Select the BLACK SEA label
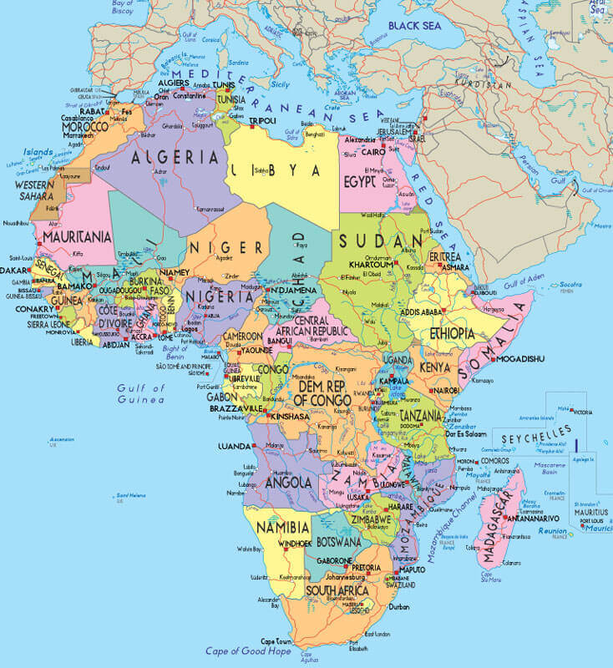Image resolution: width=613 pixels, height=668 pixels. pos(415,26)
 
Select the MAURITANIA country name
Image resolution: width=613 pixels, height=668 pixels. pos(77,237)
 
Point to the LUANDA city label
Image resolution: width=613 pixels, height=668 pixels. pos(234,446)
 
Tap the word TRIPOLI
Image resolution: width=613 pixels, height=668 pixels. pos(263,121)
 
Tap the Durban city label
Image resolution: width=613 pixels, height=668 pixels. pos(400,607)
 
